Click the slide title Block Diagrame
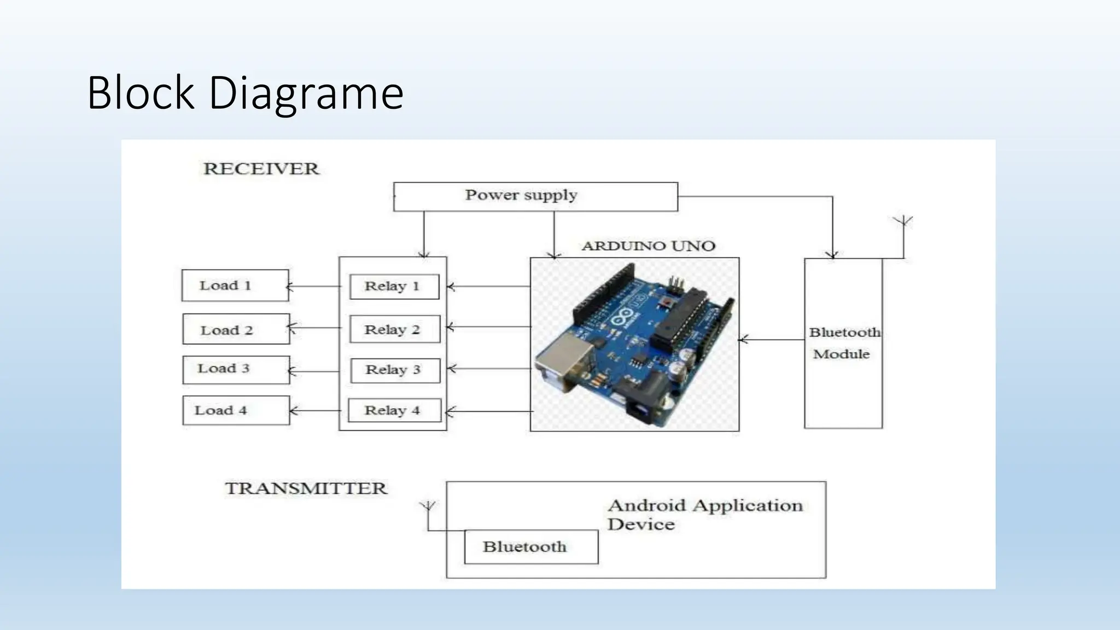(x=245, y=93)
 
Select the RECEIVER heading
(x=261, y=168)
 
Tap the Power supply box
(x=535, y=196)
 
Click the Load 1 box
(x=235, y=285)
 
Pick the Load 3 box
(x=236, y=370)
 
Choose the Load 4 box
(x=236, y=410)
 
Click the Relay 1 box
(x=394, y=287)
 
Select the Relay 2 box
(x=394, y=329)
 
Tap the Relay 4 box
(x=394, y=411)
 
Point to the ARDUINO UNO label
(x=648, y=246)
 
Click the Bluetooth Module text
(x=843, y=343)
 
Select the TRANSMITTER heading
(x=306, y=488)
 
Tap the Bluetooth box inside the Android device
(x=530, y=546)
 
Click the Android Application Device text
(x=704, y=514)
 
